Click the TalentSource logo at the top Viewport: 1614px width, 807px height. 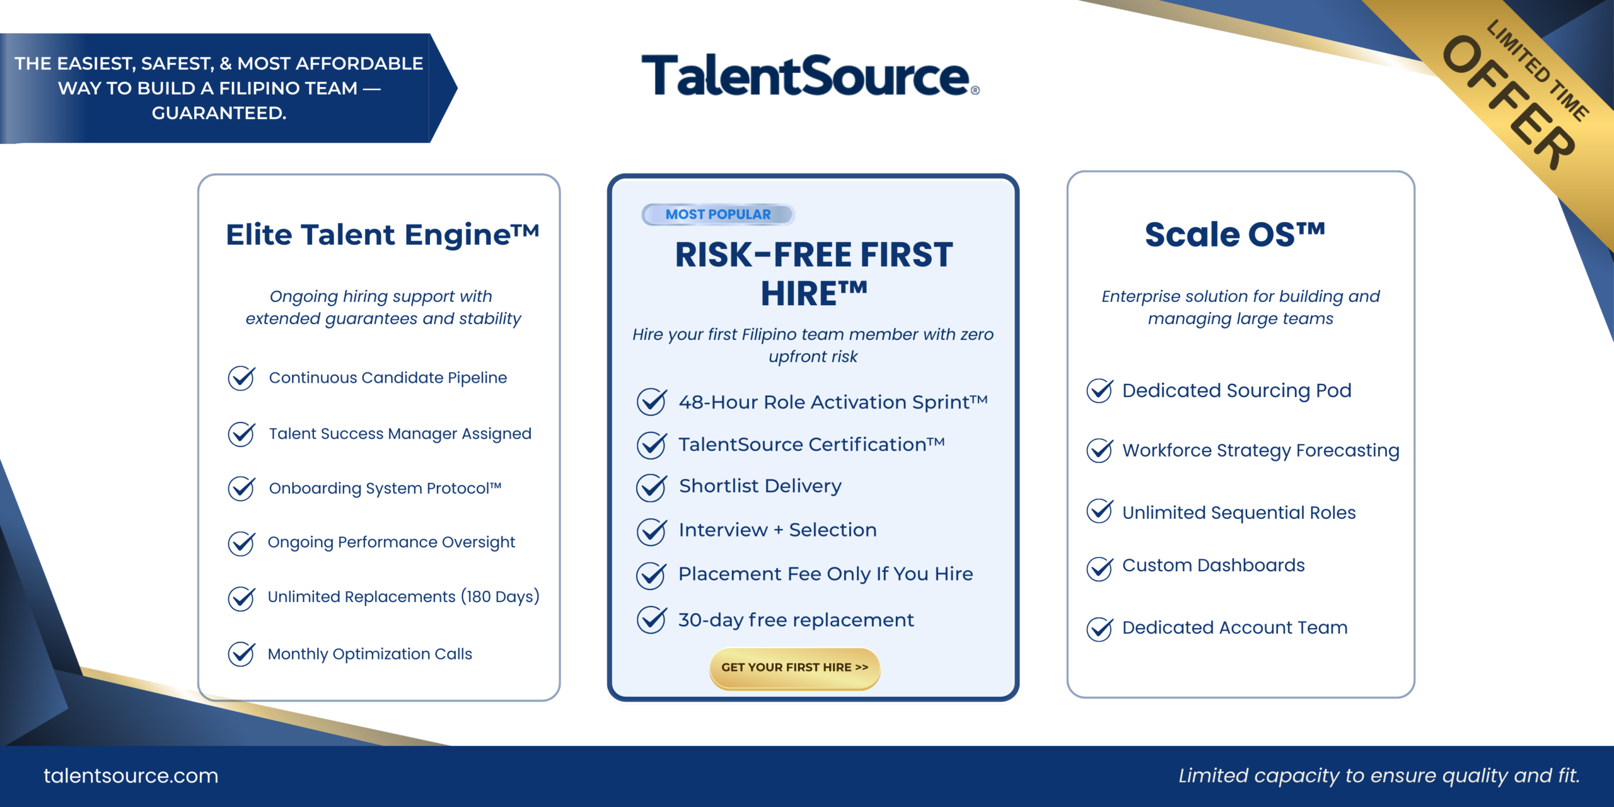[810, 75]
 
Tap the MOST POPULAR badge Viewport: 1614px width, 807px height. [718, 214]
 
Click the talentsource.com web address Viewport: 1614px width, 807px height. [131, 775]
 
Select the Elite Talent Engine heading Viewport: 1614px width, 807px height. [383, 235]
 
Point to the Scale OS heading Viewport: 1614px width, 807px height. [1235, 235]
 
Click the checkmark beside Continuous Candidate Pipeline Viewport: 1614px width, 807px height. [241, 378]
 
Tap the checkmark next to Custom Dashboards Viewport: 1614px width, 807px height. [1100, 568]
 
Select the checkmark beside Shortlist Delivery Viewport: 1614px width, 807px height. [651, 487]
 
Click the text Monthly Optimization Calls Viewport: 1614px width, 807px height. [370, 654]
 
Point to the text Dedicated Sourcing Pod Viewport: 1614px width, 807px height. [1237, 390]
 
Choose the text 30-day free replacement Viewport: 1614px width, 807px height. [796, 620]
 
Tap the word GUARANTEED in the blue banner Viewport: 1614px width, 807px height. [219, 113]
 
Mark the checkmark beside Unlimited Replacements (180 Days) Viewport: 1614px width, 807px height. [241, 598]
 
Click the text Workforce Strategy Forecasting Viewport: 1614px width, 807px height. [1261, 450]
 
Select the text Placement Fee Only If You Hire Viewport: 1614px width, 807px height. [826, 574]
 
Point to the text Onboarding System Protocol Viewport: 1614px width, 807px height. [385, 488]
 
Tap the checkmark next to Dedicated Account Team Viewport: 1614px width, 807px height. [1100, 629]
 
